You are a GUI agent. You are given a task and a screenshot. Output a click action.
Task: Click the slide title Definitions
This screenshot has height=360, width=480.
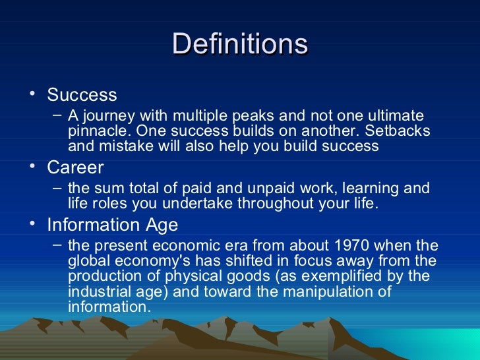240,45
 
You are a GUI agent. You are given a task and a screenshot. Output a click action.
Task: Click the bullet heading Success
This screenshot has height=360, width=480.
82,95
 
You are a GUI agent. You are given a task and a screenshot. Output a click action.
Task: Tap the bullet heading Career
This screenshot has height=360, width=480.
75,167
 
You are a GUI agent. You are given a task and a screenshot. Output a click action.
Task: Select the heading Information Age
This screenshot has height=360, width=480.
112,225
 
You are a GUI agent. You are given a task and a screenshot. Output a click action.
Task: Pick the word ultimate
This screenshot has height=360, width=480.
395,115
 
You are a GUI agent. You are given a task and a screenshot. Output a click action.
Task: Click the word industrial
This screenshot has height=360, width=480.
98,291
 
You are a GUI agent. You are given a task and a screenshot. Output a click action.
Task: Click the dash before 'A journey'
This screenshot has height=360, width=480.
57,114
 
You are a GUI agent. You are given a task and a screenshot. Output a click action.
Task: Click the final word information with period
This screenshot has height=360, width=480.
109,307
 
